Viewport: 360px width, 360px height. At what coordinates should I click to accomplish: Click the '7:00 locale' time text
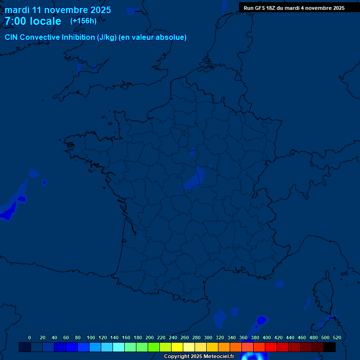coord(33,21)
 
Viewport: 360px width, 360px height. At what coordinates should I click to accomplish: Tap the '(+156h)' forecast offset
coord(83,21)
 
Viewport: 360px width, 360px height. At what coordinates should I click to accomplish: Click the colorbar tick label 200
coord(150,337)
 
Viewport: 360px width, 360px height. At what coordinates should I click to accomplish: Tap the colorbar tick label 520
coord(337,337)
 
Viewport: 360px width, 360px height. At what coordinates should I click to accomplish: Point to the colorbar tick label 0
coord(30,337)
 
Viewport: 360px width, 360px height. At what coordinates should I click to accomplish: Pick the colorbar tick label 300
coord(208,337)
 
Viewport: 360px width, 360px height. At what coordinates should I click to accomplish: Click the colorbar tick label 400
coord(267,337)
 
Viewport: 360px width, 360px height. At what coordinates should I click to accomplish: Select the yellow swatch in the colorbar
coord(177,347)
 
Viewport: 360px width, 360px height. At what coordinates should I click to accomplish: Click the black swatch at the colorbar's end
coord(330,347)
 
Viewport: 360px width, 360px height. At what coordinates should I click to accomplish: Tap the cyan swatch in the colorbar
coord(119,347)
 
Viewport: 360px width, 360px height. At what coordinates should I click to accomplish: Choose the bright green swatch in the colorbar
coord(154,347)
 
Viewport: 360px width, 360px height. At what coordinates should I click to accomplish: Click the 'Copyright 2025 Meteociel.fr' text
coord(199,357)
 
